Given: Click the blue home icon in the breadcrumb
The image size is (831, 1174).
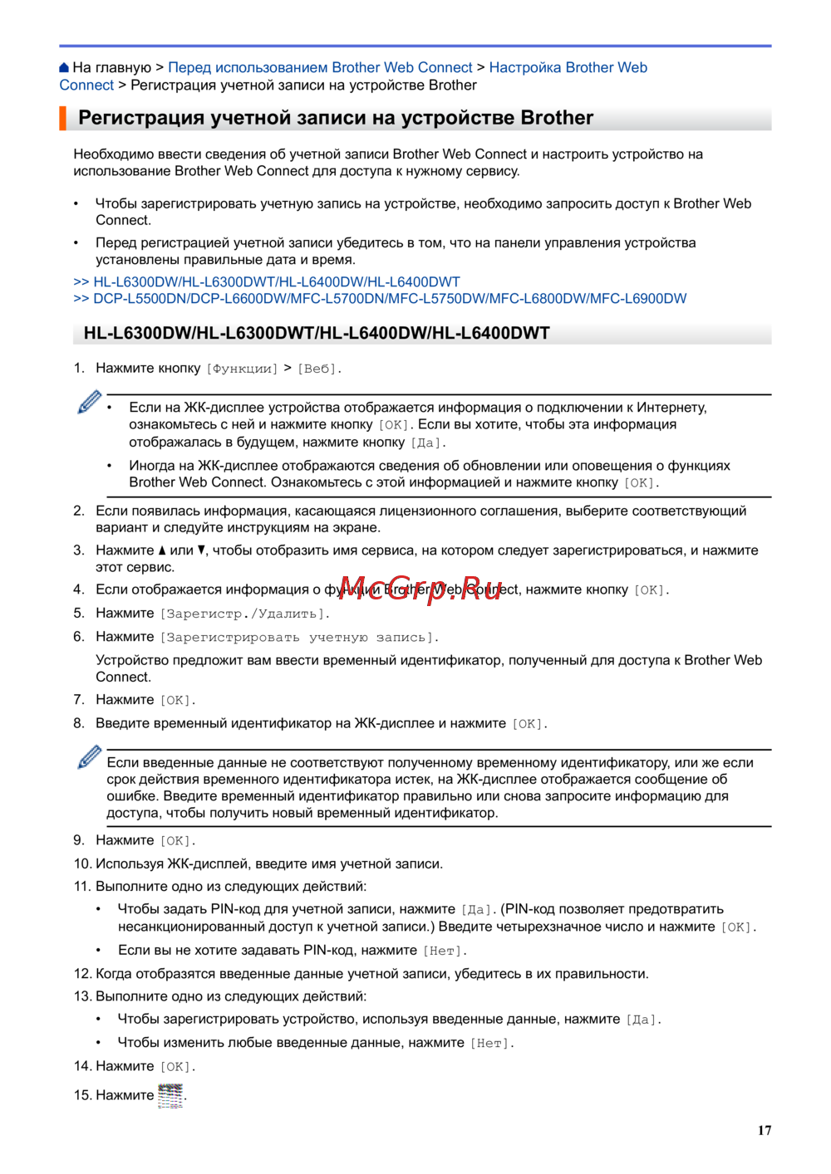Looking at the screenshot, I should coord(64,68).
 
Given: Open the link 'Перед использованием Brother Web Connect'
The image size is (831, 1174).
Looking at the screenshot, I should coord(320,68).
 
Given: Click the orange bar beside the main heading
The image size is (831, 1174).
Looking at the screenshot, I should coord(62,118).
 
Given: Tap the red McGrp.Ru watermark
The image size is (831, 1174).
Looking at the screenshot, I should coord(420,587).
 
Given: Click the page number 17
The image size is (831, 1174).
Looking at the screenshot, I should coord(765,1130).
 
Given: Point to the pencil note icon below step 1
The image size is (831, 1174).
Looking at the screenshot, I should coord(89,403).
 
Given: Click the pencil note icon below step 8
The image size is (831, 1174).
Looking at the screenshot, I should coord(89,757).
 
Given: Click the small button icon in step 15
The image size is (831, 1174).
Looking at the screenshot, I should coord(170,1095).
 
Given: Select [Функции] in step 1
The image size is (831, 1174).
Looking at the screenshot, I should coord(242,369).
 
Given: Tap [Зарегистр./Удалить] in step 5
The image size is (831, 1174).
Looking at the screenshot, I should coord(244,614).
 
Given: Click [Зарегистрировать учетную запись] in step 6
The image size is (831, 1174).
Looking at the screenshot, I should coord(299,638).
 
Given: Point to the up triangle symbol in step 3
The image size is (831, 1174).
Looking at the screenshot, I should coord(162,550).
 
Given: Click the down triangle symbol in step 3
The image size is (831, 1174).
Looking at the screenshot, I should coord(202,550).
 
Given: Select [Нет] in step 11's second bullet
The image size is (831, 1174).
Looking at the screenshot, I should coord(445,951).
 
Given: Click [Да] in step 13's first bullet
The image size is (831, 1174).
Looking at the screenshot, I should coord(642,1020).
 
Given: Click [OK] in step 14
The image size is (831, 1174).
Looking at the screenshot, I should coord(177,1067).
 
